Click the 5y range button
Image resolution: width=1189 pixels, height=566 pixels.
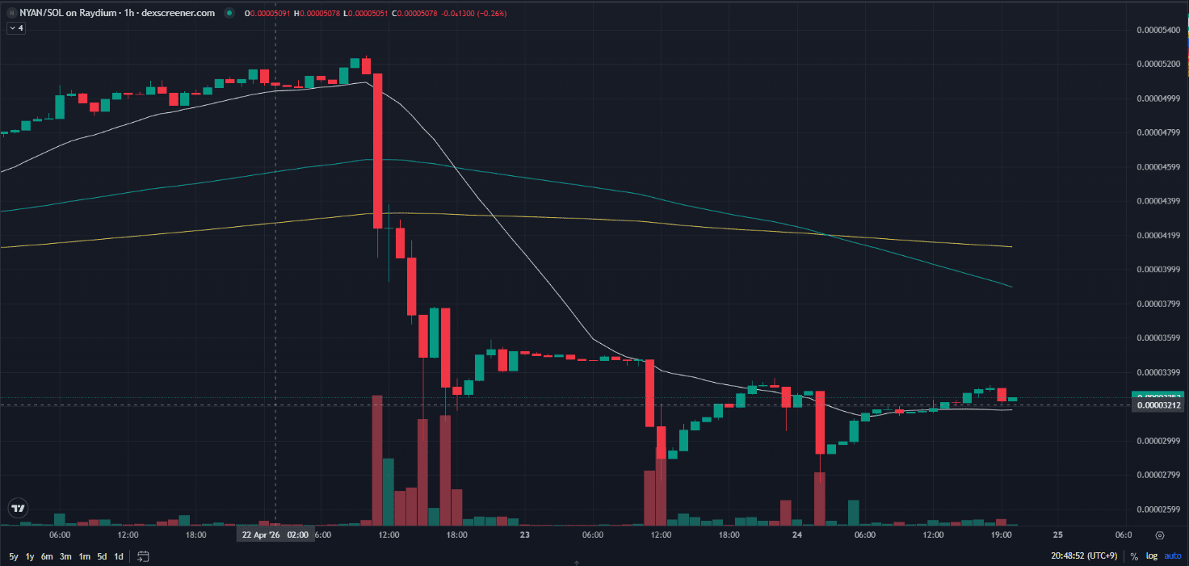click(x=14, y=556)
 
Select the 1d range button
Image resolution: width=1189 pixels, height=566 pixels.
click(x=119, y=556)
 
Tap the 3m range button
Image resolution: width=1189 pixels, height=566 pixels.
click(x=65, y=556)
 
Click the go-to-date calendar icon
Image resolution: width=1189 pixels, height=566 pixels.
click(x=144, y=556)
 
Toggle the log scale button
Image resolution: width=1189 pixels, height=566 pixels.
click(x=1152, y=556)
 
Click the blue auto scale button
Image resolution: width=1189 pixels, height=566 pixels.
click(x=1172, y=556)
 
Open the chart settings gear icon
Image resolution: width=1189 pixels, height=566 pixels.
click(x=1160, y=535)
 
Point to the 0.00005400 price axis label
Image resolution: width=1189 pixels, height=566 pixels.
click(x=1158, y=30)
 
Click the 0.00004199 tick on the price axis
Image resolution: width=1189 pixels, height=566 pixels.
click(x=1158, y=236)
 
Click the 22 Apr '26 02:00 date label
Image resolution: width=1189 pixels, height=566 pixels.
click(x=274, y=535)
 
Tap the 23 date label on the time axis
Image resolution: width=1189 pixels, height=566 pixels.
click(x=525, y=535)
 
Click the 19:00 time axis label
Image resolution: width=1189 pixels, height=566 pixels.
click(x=1001, y=535)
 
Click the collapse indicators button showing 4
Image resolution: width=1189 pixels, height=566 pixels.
click(x=16, y=28)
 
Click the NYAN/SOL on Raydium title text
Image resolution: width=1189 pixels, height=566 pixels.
click(x=72, y=13)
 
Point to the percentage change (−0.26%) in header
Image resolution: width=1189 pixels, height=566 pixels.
click(x=491, y=13)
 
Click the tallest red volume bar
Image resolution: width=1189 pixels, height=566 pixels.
click(x=376, y=460)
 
